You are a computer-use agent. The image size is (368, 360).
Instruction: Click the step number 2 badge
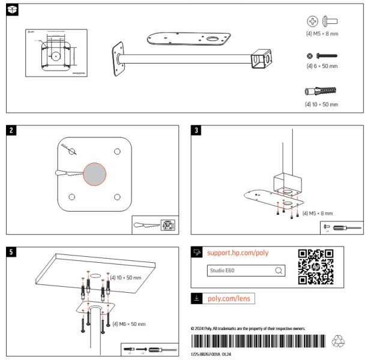pyautogui.click(x=11, y=131)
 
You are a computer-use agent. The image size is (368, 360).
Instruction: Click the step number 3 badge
pyautogui.click(x=196, y=131)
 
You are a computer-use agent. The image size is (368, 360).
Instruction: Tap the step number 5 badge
pyautogui.click(x=11, y=252)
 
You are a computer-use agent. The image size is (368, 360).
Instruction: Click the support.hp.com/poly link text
pyautogui.click(x=238, y=253)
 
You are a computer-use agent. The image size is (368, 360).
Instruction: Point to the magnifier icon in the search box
pyautogui.click(x=278, y=271)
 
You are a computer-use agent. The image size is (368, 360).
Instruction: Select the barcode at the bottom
pyautogui.click(x=259, y=341)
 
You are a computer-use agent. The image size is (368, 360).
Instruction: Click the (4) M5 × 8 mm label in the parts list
pyautogui.click(x=322, y=34)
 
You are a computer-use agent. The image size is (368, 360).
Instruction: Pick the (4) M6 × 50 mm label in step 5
pyautogui.click(x=129, y=324)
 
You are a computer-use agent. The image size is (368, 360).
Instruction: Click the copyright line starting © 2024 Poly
pyautogui.click(x=248, y=329)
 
